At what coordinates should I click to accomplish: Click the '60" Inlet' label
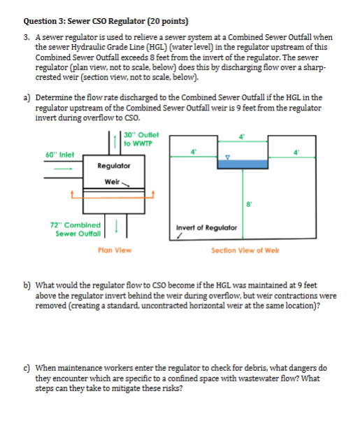click(x=60, y=154)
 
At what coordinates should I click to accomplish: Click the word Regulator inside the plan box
click(x=113, y=165)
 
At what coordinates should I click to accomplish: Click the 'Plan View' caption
click(x=115, y=249)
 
